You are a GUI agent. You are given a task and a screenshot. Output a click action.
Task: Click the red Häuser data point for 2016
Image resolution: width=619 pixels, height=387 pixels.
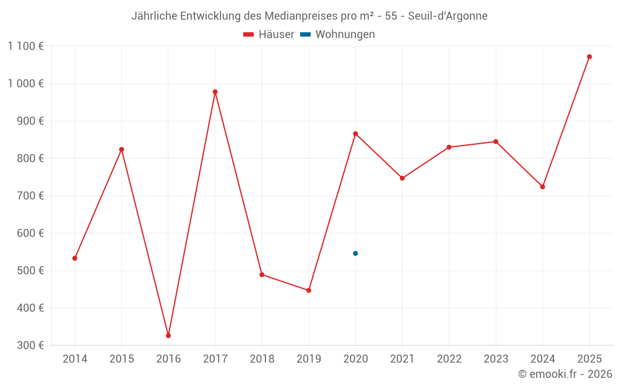click(168, 336)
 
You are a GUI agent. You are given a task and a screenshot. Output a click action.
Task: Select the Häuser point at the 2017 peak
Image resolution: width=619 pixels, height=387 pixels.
click(215, 92)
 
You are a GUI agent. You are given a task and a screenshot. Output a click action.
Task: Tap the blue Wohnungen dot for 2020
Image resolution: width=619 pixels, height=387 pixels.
click(355, 253)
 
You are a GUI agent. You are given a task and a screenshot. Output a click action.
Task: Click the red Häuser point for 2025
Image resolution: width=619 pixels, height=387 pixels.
click(589, 56)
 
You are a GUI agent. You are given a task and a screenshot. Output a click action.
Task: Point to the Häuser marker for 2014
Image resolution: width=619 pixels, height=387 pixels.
click(75, 258)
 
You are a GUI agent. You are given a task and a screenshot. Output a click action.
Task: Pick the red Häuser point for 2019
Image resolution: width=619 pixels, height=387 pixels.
click(308, 290)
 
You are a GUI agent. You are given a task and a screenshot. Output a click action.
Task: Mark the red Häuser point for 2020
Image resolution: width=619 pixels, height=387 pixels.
click(355, 134)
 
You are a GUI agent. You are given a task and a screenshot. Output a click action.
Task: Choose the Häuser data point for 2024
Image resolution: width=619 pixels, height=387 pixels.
click(542, 186)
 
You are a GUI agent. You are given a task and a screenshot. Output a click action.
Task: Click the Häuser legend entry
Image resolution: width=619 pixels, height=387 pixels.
click(269, 35)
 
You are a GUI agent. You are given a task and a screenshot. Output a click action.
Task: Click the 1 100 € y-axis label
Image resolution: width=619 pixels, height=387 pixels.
click(25, 46)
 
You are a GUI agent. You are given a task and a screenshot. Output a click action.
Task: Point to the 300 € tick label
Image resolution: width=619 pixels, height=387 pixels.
click(30, 346)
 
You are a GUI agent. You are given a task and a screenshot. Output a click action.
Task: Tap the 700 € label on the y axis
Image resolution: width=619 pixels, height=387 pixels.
click(30, 196)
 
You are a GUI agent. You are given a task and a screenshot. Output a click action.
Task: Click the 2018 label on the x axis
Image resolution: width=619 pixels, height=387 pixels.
click(262, 359)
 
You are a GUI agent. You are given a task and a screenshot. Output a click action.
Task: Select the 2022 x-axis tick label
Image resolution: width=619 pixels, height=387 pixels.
click(449, 359)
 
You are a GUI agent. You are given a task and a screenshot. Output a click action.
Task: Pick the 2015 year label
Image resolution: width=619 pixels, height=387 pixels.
click(121, 359)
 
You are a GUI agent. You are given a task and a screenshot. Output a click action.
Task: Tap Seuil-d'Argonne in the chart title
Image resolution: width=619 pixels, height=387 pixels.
click(448, 16)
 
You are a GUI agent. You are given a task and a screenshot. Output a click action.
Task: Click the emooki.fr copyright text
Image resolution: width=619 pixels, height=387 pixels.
click(565, 374)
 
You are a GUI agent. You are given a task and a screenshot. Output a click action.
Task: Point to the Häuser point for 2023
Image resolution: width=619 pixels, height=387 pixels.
click(496, 142)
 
